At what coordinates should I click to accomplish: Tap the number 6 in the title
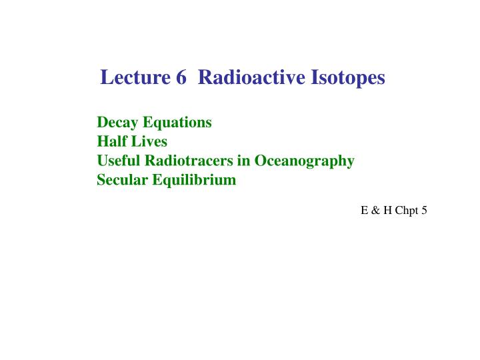182,78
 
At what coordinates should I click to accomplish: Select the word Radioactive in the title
251,78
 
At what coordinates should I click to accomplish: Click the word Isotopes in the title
347,79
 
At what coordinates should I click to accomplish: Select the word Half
111,141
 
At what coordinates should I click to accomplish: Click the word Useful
117,161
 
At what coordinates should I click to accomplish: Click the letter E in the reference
364,210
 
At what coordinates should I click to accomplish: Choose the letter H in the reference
386,210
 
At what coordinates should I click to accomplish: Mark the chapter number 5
424,210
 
